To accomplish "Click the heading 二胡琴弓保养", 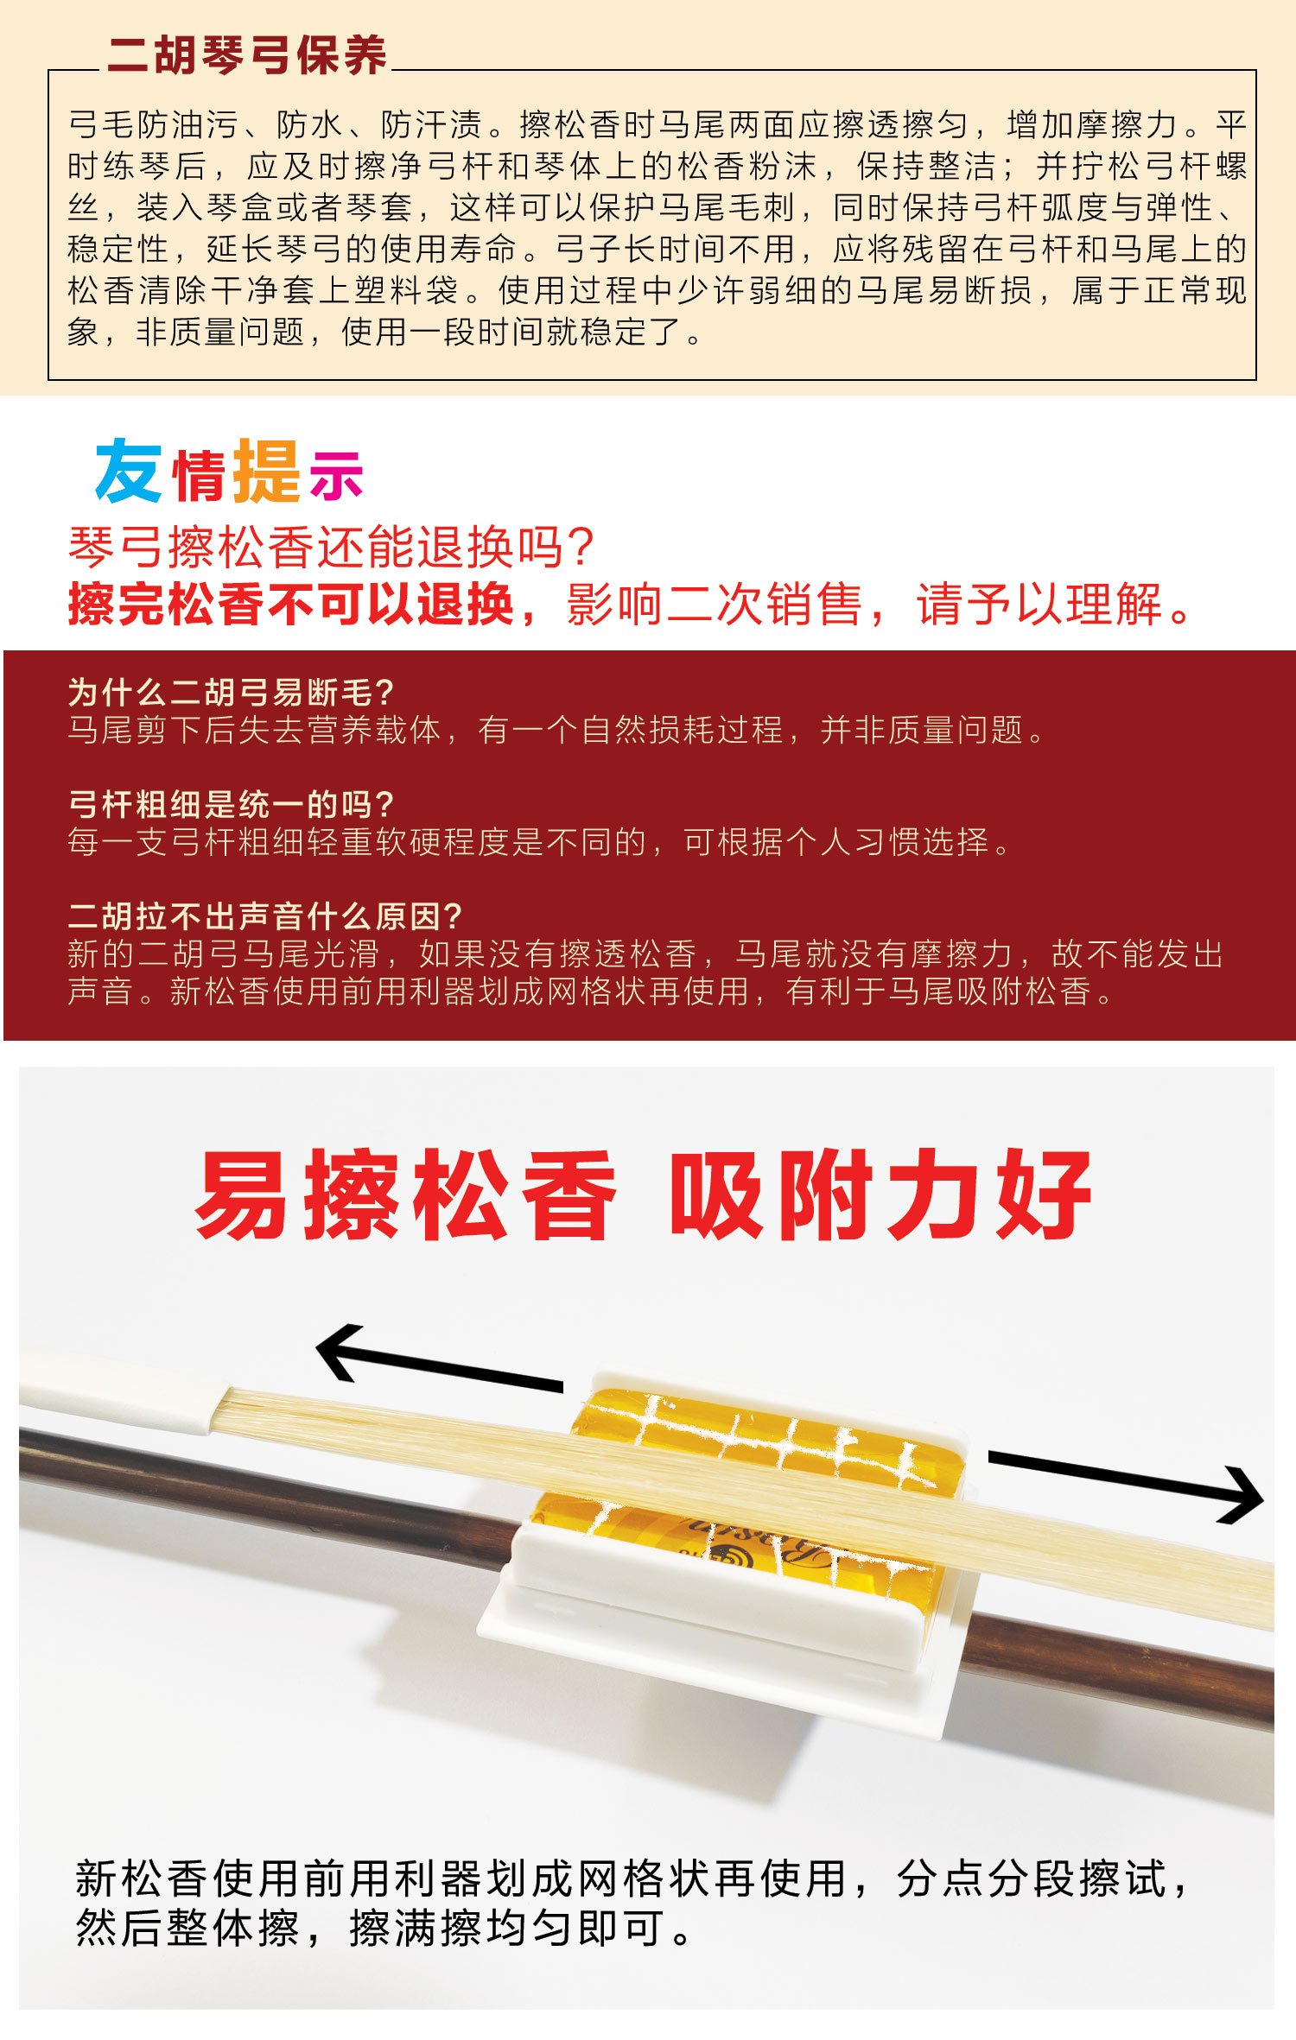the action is (247, 55).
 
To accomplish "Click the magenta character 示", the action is (337, 475).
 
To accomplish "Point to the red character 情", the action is (200, 475).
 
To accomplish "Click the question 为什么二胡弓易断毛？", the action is (231, 693).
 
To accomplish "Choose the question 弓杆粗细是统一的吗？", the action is (231, 804).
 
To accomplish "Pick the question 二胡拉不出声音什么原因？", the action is (264, 915).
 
